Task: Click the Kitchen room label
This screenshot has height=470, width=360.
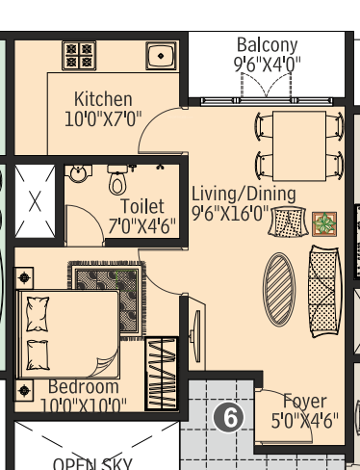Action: [103, 100]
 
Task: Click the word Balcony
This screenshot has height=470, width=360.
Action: [267, 45]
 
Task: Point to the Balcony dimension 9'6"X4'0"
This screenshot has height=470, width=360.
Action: [267, 65]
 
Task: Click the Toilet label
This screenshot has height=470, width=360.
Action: [141, 207]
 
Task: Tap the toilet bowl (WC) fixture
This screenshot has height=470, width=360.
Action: [117, 180]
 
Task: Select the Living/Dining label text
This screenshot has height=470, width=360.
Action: [244, 193]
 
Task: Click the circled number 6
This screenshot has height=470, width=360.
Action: [230, 416]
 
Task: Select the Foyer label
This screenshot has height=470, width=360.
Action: [304, 402]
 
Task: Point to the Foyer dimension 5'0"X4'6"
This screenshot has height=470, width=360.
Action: [304, 421]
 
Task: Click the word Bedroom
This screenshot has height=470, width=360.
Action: [84, 387]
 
